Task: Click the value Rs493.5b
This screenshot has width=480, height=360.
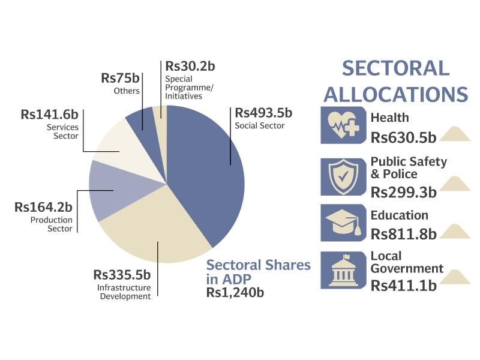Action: (x=263, y=113)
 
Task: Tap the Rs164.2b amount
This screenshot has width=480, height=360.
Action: (x=44, y=208)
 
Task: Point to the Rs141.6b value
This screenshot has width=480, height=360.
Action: (x=50, y=114)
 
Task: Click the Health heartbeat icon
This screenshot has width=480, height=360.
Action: (x=343, y=125)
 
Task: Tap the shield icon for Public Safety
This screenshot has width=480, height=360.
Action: (x=343, y=177)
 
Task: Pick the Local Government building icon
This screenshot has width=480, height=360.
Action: (x=343, y=270)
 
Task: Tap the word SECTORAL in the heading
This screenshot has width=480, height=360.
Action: (x=395, y=68)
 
